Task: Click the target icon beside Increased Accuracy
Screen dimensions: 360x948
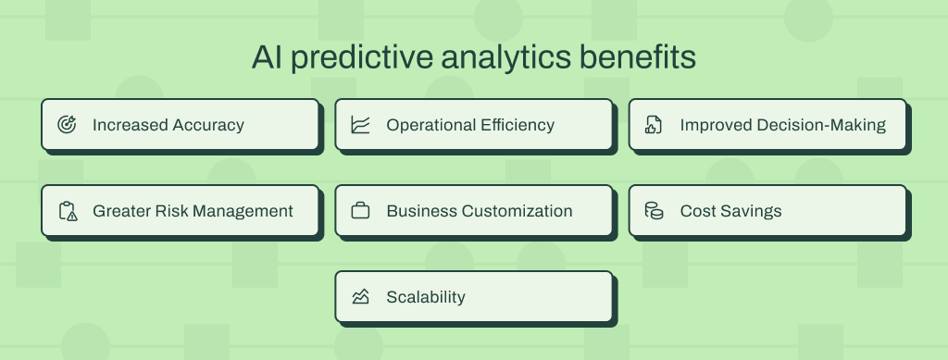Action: coord(67,125)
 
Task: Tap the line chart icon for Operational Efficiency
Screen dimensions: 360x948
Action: coord(360,125)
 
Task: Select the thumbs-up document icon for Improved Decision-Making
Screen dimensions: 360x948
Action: coord(654,125)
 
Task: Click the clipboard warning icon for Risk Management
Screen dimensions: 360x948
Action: coord(67,211)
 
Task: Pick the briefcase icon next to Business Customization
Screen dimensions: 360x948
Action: coord(360,211)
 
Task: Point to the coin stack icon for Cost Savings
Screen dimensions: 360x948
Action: coord(654,211)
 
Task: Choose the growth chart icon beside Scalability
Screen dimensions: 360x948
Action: coord(360,297)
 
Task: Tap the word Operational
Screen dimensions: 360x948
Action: coord(426,125)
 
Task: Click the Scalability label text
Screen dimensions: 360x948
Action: coord(426,297)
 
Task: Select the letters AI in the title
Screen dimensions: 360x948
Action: coord(265,57)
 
